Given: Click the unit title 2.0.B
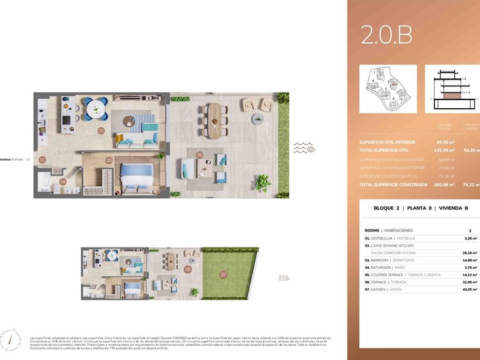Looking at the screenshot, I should coord(386,36).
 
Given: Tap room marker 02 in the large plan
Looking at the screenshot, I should coord(101,131).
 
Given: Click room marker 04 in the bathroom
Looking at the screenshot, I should coord(62,182).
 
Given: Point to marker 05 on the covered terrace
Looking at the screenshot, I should coord(199,154).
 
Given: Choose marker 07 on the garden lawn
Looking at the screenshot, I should coord(223,274).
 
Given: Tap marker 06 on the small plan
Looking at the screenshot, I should coord(187,269).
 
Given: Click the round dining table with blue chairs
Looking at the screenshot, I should coord(96,109).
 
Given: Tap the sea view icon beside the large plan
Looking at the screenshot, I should coord(305,148).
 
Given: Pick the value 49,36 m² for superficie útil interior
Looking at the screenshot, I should coord(446,142).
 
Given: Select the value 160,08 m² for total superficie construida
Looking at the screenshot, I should coord(445,185).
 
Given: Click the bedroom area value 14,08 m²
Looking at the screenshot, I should coord(469,260).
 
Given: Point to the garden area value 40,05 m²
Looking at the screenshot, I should coord(469,289).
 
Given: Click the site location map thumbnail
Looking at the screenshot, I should coord(387,88).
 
